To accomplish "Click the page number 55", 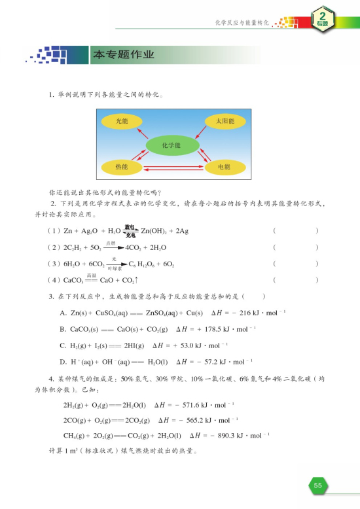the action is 318,485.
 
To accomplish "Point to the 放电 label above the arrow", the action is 128,226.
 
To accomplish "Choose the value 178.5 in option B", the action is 204,329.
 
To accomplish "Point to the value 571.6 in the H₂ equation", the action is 192,405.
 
